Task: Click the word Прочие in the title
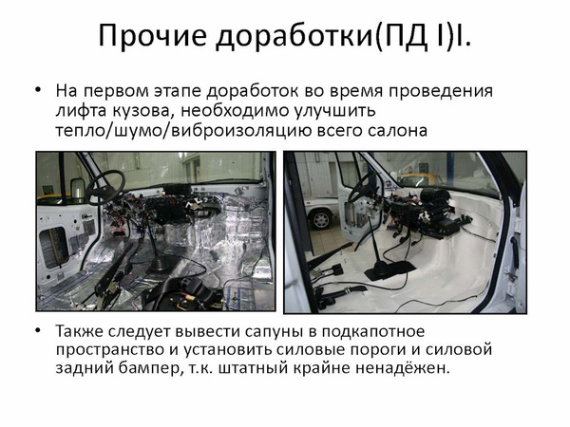click(x=153, y=36)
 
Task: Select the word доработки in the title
click(x=294, y=37)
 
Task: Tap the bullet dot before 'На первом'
click(x=38, y=90)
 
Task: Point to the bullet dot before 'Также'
click(x=38, y=331)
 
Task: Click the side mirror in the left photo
click(x=78, y=190)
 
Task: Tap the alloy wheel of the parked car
click(x=322, y=219)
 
